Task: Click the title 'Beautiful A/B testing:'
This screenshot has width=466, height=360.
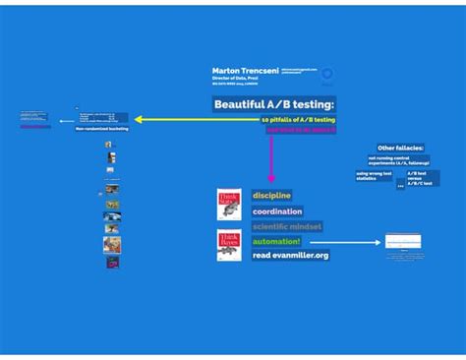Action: coord(274,103)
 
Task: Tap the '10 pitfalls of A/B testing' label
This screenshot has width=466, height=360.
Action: coord(298,119)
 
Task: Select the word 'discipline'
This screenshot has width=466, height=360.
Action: coord(271,195)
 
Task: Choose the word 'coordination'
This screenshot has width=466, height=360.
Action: coord(276,210)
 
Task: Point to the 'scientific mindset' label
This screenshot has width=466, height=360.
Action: coord(286,226)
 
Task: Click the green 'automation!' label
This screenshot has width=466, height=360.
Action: coord(276,241)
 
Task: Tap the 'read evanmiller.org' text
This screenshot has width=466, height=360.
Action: coord(290,256)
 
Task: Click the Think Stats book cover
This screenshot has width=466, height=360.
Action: coord(229,205)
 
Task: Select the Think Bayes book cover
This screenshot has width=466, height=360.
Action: coord(229,245)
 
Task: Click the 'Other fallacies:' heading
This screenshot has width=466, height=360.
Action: coord(400,148)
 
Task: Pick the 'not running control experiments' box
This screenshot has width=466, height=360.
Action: coord(391,160)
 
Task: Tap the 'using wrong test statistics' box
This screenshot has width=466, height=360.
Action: coord(374,175)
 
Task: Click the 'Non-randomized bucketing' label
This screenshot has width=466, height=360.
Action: coord(102,129)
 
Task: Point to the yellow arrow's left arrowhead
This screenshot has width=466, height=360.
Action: coord(139,120)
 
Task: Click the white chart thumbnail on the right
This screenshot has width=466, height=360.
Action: coord(403,242)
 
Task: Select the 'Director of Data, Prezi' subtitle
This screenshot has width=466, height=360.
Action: coord(234,78)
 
